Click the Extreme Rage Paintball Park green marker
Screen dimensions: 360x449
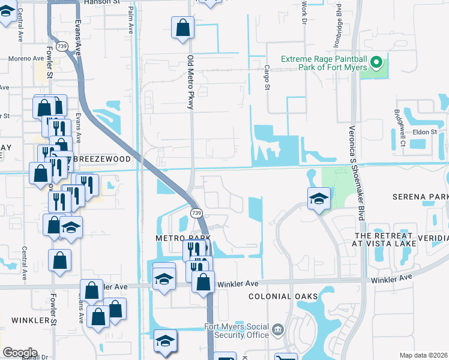(x=377, y=62)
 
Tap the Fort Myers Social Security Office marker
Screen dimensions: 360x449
(x=277, y=329)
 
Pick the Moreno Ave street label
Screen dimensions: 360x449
(x=26, y=59)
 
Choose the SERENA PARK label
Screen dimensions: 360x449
(x=420, y=197)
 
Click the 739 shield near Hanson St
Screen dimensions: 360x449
(x=61, y=46)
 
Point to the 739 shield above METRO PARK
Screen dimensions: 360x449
(x=196, y=213)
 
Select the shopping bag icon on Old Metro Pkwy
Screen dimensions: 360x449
(x=182, y=28)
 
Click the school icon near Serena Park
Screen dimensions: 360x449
(x=318, y=198)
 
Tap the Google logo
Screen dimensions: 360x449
(x=20, y=353)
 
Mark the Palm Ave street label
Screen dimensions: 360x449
(x=131, y=21)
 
